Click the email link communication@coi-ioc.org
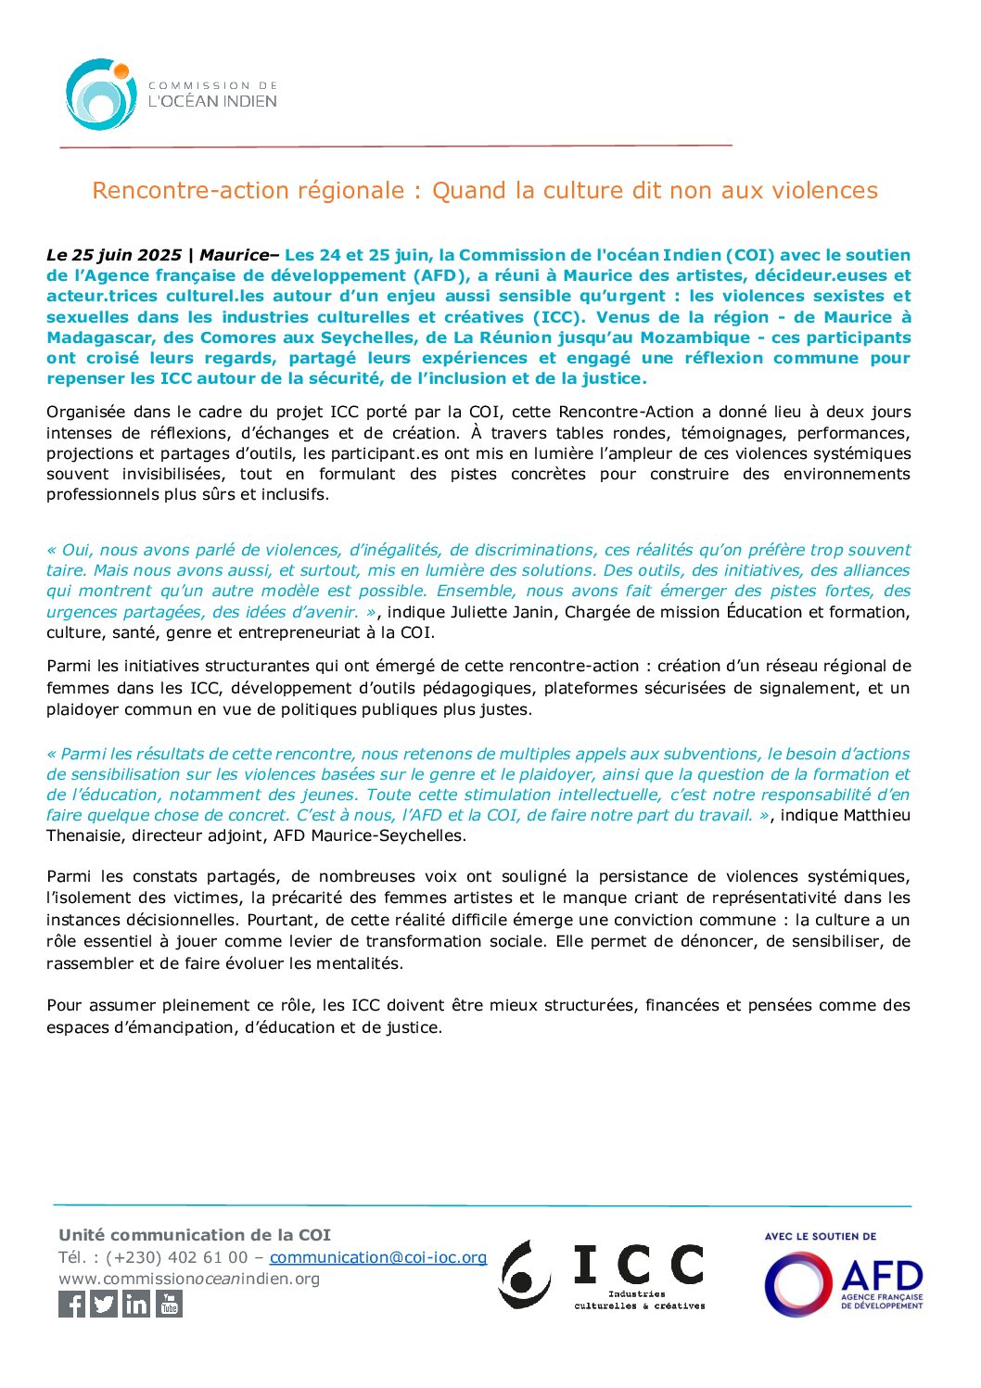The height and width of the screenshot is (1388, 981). [x=378, y=1257]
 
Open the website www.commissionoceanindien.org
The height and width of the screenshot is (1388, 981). [x=189, y=1279]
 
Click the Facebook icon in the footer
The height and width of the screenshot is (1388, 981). [x=71, y=1304]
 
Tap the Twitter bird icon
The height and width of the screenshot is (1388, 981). [x=104, y=1304]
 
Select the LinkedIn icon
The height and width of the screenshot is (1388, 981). [x=136, y=1304]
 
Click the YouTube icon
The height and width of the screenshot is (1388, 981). [x=169, y=1304]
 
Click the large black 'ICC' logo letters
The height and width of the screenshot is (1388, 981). [x=639, y=1265]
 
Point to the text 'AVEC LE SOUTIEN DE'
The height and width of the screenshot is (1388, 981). [x=820, y=1236]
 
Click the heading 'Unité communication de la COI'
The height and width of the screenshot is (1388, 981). [x=195, y=1235]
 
